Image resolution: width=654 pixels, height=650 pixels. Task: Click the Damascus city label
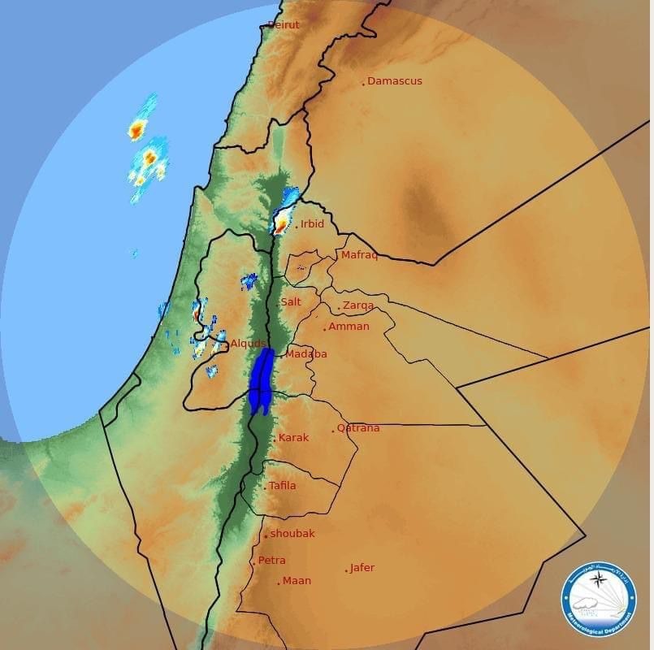point(394,81)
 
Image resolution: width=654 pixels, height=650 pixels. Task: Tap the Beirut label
point(283,25)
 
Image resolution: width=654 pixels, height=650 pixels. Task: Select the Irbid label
point(312,224)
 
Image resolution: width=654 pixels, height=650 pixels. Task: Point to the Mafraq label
point(359,255)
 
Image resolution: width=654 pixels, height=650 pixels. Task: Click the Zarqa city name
point(358,305)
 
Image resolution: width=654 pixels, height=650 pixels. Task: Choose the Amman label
point(349,327)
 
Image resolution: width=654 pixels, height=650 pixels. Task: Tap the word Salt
point(291,302)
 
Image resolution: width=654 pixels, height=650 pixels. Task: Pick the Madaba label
point(306,354)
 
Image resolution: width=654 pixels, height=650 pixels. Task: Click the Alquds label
point(248,344)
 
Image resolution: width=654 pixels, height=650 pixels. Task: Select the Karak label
point(293,438)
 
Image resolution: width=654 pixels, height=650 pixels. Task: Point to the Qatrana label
point(358,428)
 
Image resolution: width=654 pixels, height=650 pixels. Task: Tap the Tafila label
point(282,486)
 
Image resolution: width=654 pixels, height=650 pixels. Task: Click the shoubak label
point(292,534)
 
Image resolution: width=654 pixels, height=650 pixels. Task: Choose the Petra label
point(271,561)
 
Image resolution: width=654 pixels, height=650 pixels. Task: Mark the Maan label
point(297,581)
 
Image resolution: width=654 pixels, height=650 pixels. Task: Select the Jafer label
point(362,568)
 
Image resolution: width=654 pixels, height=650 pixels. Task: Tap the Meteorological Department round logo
point(599,600)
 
